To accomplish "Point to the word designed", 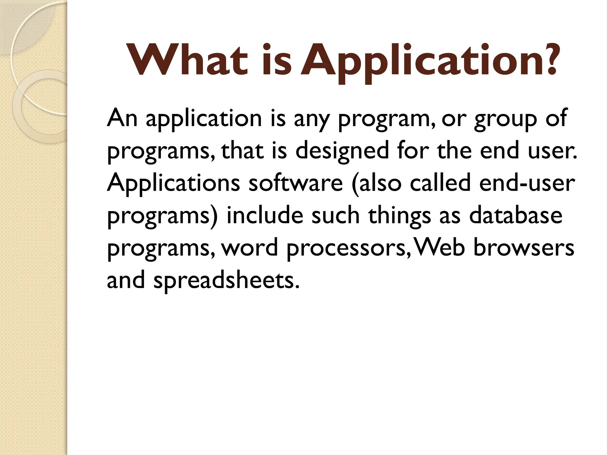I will point(342,150).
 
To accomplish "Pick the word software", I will point(295,183).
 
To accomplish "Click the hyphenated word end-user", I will point(527,183).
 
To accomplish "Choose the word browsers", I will point(524,247).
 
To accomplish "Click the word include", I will point(265,215).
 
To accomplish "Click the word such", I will point(336,215).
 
